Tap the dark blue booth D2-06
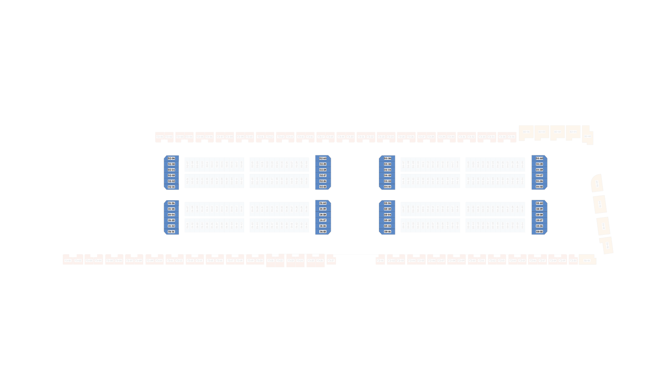pos(171,158)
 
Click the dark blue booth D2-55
pos(323,187)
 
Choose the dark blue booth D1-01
pos(171,232)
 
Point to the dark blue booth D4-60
pos(539,158)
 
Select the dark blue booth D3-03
pos(387,220)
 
